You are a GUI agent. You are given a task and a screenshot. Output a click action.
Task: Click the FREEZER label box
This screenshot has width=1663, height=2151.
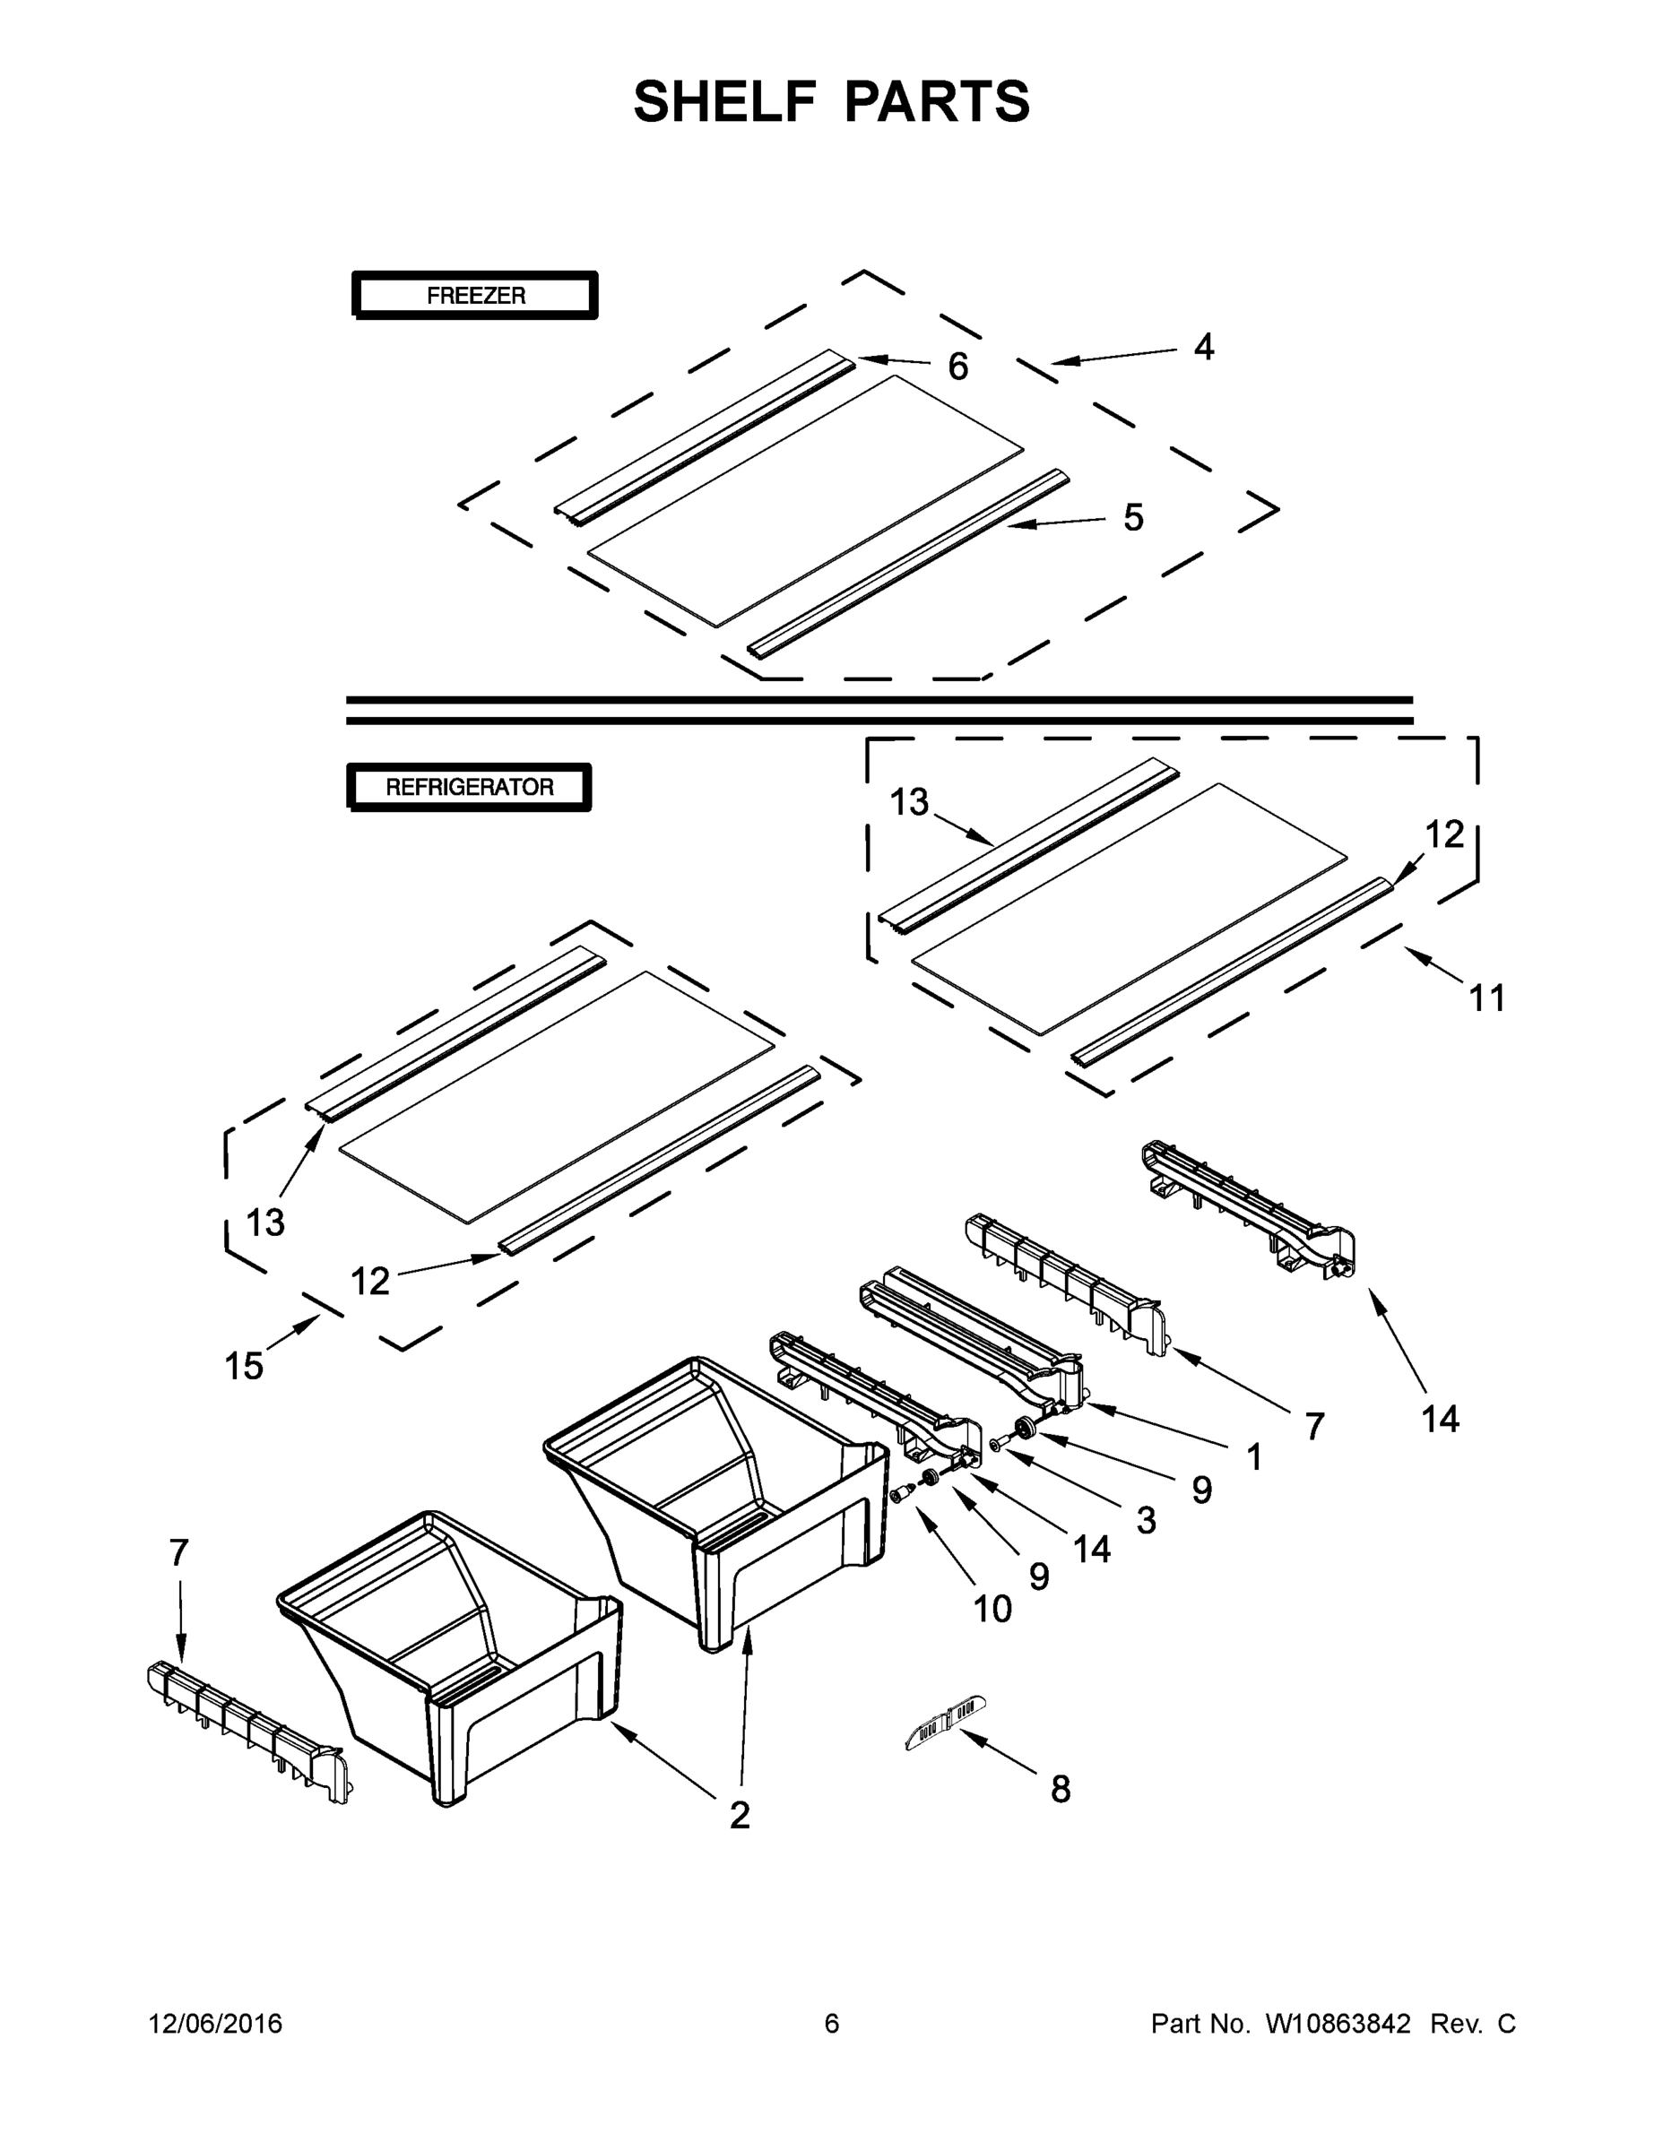475,296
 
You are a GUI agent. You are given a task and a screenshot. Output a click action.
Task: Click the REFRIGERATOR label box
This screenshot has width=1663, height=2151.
469,787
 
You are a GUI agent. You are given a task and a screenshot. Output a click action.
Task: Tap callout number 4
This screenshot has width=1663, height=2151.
1203,348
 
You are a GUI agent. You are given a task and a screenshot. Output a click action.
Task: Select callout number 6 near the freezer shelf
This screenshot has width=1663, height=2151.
957,367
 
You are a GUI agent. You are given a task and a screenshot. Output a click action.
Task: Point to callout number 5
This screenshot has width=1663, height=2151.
1133,517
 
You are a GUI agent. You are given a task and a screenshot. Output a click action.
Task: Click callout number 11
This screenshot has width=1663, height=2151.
1486,998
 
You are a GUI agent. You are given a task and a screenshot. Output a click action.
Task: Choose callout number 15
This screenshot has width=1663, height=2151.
243,1366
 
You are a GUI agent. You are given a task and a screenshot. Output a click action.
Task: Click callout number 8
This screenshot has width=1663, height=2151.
1060,1790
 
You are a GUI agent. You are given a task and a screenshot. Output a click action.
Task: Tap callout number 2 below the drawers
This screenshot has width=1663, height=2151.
739,1815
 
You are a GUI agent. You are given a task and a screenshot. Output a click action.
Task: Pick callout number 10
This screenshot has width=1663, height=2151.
992,1610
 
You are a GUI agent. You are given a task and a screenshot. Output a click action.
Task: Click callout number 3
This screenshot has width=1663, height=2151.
1146,1521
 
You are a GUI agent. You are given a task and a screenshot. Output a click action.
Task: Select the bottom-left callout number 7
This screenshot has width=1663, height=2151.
178,1553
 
